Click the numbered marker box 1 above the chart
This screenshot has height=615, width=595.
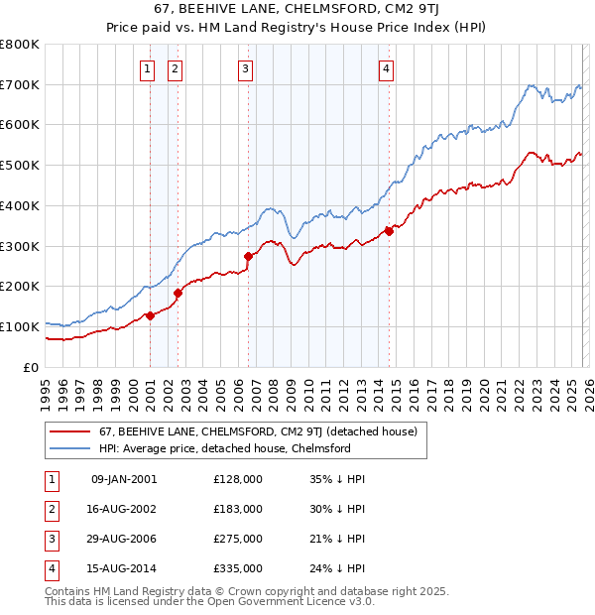coord(147,68)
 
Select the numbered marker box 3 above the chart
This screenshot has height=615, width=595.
coord(244,68)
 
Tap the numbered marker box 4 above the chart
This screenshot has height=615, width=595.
coord(386,68)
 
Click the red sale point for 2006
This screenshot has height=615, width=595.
coord(248,256)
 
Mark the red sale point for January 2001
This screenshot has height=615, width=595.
coord(150,315)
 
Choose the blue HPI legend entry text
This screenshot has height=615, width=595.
coord(225,448)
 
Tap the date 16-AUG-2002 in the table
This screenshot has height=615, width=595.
coord(124,508)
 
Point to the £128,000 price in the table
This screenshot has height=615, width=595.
coord(237,479)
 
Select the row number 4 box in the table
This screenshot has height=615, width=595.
coord(49,568)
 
